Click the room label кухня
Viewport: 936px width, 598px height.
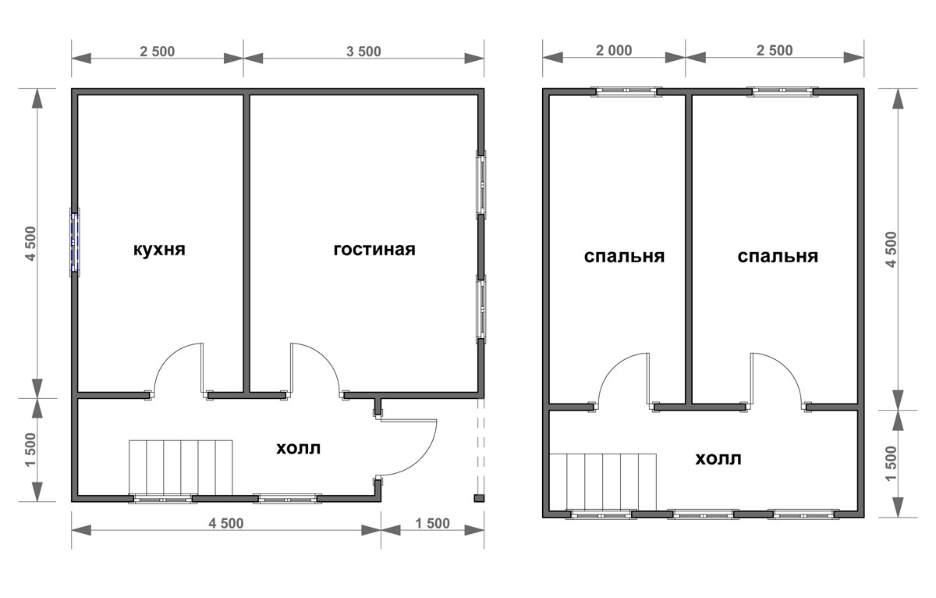pos(159,250)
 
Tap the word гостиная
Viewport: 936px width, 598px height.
pos(374,250)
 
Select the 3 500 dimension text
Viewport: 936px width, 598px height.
pos(363,52)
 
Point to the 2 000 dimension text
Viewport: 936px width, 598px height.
pos(614,50)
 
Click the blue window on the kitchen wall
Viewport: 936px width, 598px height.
pos(74,243)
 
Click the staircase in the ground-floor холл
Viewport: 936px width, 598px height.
pos(180,468)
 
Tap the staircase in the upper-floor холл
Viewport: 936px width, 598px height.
pos(602,482)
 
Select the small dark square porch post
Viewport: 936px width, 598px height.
pos(479,498)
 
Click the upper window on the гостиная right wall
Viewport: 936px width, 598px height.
pos(481,184)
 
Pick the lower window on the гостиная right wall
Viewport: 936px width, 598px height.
pos(481,309)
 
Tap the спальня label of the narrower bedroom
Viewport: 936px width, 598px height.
pos(624,257)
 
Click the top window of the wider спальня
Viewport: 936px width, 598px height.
pos(782,91)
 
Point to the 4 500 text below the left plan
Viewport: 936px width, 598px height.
pos(226,523)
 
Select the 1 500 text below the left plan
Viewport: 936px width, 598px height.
pos(432,523)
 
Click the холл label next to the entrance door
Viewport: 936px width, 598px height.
pos(298,448)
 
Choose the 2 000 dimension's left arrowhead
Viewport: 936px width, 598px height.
pos(553,58)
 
